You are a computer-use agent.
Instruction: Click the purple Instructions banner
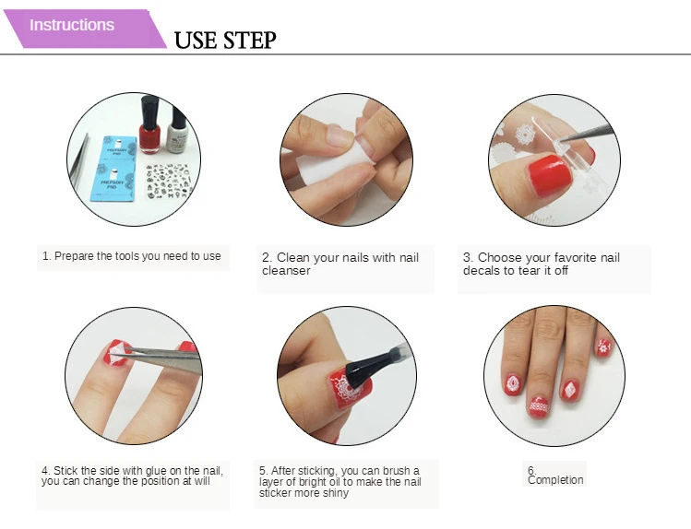pos(84,29)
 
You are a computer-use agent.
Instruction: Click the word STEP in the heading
pos(249,40)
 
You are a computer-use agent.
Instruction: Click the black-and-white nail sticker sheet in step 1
pos(169,181)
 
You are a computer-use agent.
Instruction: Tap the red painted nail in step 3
pos(549,175)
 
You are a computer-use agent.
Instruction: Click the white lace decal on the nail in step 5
pos(348,387)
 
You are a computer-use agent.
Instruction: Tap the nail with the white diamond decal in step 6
pos(570,390)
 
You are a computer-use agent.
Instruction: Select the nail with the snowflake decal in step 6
pos(604,347)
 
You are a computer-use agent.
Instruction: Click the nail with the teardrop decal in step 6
pos(513,385)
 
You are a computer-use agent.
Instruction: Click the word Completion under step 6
pos(555,480)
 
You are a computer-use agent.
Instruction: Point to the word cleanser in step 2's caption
pos(286,271)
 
